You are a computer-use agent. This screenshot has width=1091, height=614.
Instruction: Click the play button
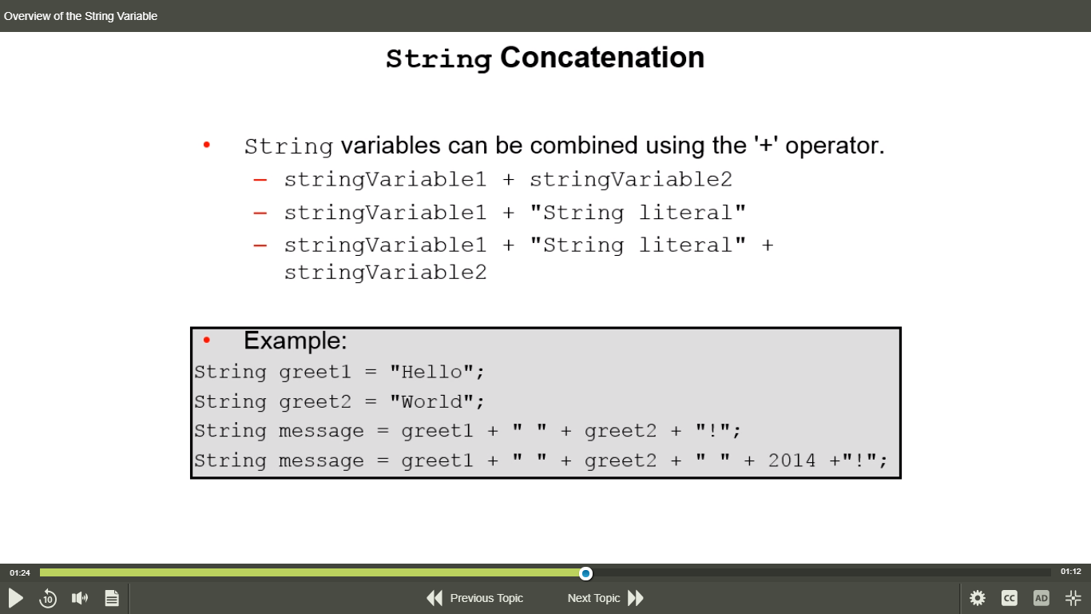16,598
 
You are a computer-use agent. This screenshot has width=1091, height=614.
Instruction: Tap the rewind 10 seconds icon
48,598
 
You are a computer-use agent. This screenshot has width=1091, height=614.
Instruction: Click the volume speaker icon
80,598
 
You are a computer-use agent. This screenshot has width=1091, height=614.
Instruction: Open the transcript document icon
112,598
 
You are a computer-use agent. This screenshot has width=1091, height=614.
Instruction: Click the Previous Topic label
486,598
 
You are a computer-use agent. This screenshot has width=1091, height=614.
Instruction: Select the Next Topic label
593,598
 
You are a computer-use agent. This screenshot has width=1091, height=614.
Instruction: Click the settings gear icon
977,598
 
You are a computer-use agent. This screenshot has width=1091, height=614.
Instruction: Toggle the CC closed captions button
1010,598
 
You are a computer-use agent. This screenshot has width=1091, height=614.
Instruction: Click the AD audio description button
1041,598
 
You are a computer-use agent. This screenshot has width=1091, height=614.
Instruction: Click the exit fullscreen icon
1073,598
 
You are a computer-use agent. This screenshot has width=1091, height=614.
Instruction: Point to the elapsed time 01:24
20,572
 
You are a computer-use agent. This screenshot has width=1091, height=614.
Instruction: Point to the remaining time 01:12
1071,571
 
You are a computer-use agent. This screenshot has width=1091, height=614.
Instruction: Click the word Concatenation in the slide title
602,57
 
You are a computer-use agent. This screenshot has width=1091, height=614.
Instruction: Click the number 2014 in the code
791,460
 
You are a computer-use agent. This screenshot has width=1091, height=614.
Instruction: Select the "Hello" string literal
431,372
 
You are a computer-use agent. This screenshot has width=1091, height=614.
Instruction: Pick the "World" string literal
431,402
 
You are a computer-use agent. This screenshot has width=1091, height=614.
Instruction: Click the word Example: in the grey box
296,341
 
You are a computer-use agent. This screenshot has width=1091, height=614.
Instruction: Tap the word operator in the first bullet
835,146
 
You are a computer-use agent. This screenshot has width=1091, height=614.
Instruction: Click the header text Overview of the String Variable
81,16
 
